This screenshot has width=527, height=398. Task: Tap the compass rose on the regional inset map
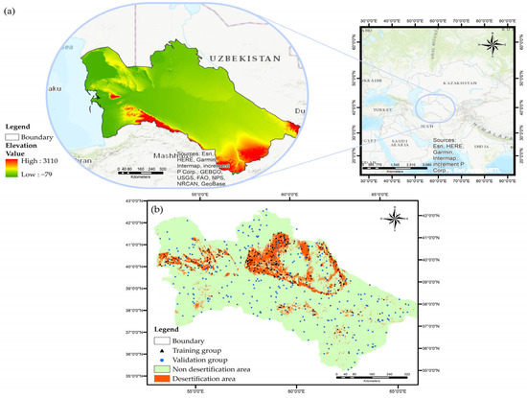click(491, 41)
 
